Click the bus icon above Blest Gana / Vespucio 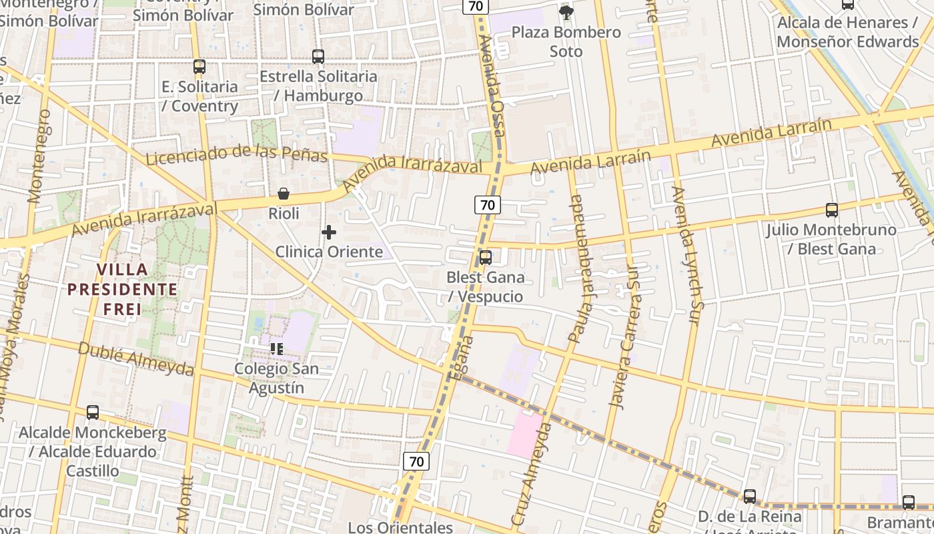coord(486,257)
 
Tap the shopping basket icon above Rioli coord(284,194)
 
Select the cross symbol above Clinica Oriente coord(329,232)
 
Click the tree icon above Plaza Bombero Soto coord(566,12)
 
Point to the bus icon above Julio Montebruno coord(831,210)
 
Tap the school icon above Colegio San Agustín coord(277,348)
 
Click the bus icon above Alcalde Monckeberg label coord(93,413)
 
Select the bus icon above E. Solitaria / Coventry coord(199,66)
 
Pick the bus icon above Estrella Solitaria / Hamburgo coord(318,57)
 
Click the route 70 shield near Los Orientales coord(416,461)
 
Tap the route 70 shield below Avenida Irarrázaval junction coord(488,205)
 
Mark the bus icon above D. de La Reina coord(750,497)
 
